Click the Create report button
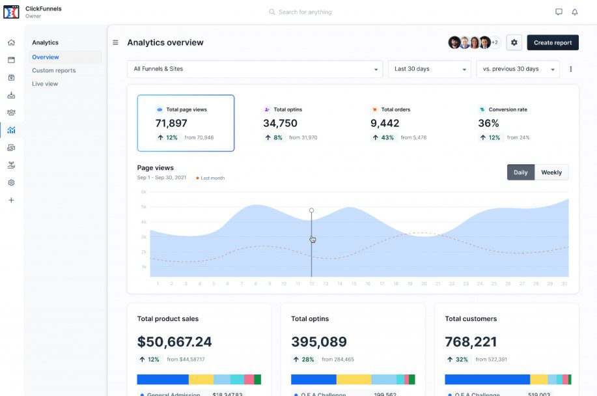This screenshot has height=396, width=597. tap(552, 43)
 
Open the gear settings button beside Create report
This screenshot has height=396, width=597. tap(514, 43)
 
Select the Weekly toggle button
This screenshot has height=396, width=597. tap(551, 173)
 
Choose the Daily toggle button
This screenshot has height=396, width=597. tap(520, 173)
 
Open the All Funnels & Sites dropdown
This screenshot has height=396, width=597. tap(255, 69)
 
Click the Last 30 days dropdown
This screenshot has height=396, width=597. tap(429, 69)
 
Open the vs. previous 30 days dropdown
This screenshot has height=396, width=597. tap(518, 69)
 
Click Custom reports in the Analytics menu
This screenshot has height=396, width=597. tap(54, 70)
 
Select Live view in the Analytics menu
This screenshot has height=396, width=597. tap(45, 84)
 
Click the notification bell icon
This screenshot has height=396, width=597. tap(575, 12)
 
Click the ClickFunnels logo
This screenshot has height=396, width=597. tap(11, 12)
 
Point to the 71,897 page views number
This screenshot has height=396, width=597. tap(171, 123)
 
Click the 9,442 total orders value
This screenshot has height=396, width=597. tap(385, 123)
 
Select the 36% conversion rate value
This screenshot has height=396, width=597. tap(488, 123)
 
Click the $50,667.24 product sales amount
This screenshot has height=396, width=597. tap(174, 342)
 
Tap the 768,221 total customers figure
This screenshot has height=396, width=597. tap(471, 342)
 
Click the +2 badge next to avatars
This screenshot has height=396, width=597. tap(495, 43)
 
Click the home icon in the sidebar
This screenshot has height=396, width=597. tap(11, 43)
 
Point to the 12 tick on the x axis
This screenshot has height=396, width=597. tap(311, 284)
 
